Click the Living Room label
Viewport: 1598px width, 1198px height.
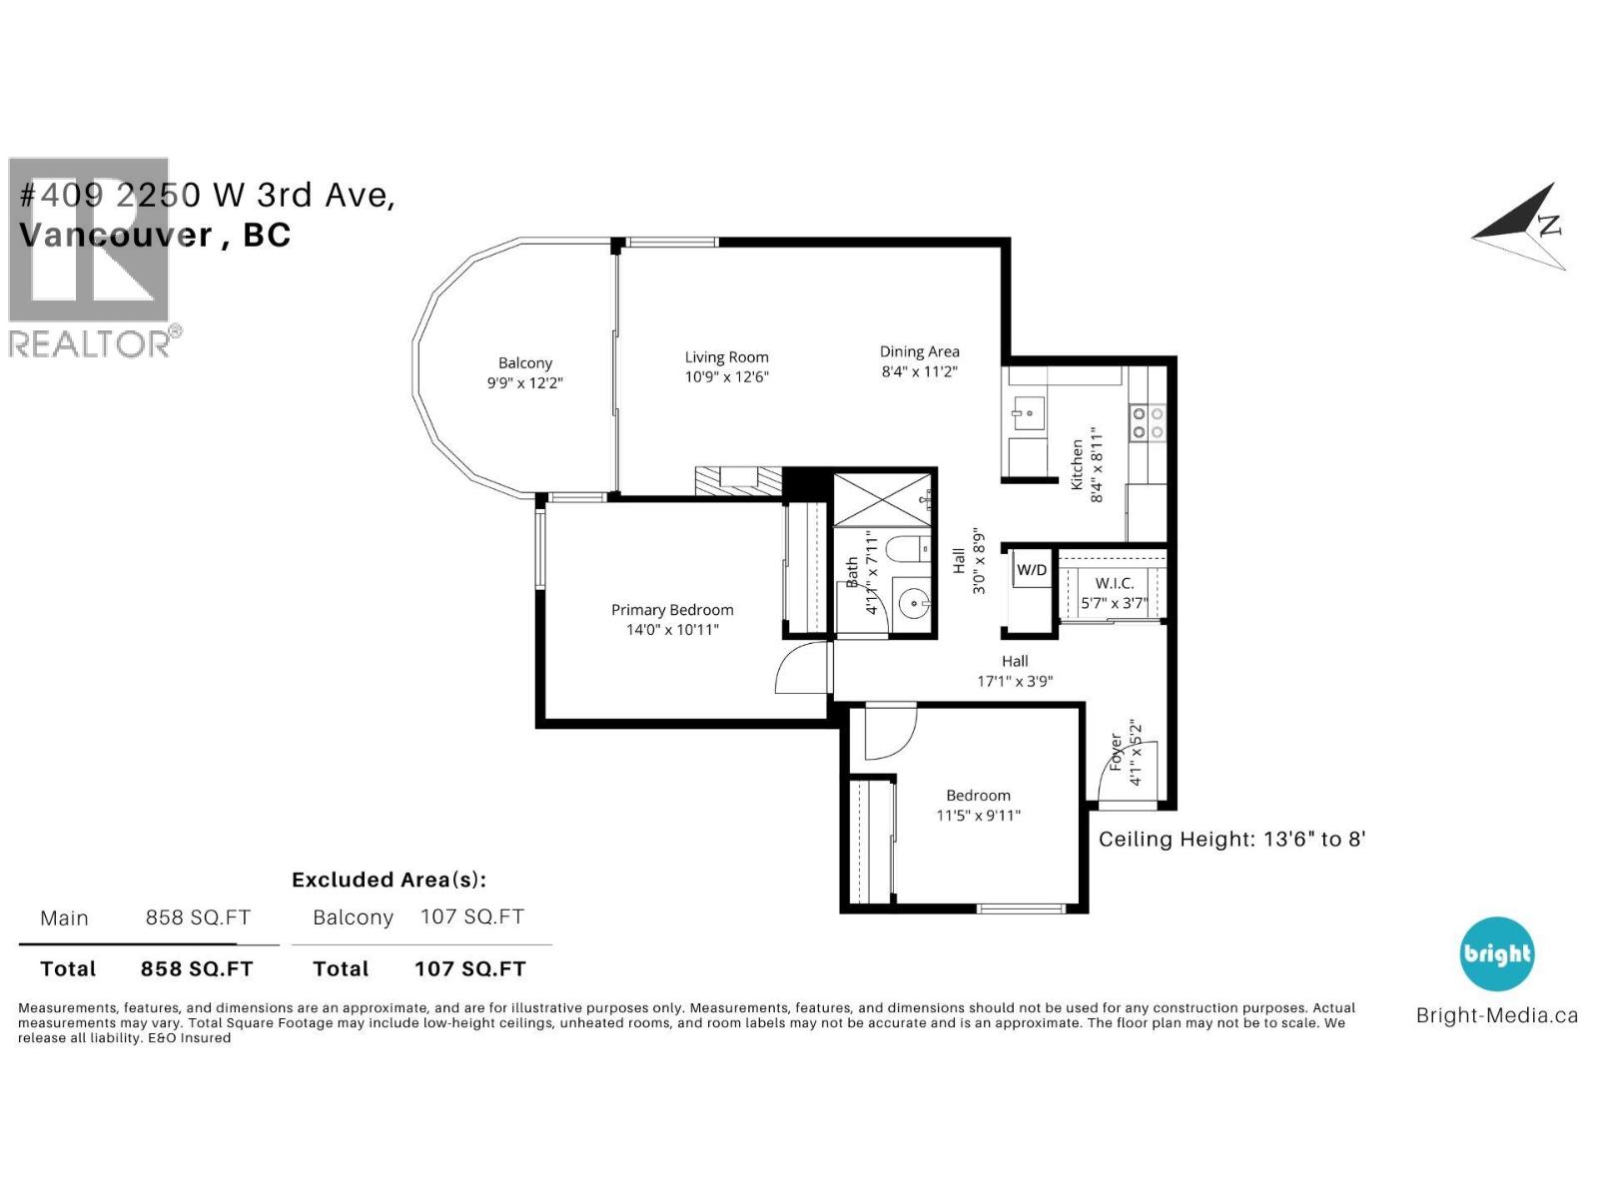coord(726,357)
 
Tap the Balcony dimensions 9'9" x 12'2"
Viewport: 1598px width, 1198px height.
coord(524,382)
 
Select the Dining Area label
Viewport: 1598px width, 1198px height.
coord(919,351)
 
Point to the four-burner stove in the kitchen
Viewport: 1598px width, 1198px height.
coord(1147,422)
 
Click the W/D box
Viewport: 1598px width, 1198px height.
coord(1031,570)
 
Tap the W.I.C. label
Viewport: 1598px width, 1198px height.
coord(1114,583)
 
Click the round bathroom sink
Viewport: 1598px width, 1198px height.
coord(912,602)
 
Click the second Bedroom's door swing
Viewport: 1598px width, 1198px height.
coord(888,733)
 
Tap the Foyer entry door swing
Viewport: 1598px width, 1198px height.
coord(1129,771)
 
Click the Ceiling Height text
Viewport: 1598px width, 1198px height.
coord(1230,839)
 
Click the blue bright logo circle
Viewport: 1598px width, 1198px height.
coord(1496,954)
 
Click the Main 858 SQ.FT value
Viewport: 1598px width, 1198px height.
coord(198,917)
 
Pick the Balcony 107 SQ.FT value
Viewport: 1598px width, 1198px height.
coord(471,916)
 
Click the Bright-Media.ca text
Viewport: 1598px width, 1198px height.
coord(1496,1015)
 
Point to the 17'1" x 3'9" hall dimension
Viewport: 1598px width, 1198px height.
coord(1015,681)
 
